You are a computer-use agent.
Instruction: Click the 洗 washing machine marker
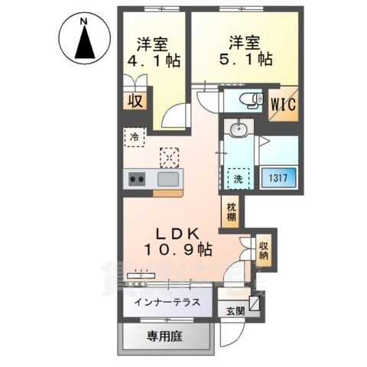pos(237,178)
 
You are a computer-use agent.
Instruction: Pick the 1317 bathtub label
pos(277,178)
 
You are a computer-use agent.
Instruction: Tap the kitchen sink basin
pos(168,180)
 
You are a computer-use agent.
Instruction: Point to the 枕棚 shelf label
pos(230,212)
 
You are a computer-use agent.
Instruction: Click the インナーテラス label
pos(167,302)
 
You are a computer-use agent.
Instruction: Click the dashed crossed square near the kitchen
pos(168,157)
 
